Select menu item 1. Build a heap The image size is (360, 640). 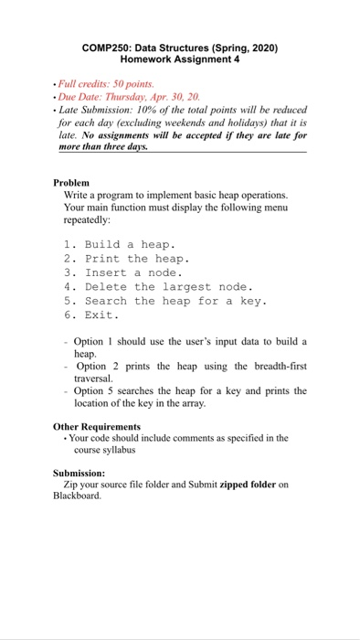point(120,244)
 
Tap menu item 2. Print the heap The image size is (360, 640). point(126,258)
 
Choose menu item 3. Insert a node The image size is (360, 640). point(123,272)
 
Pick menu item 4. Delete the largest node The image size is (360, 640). point(158,286)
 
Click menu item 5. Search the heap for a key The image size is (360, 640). point(164,301)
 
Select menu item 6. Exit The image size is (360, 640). point(92,315)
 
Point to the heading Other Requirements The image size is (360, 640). point(97,426)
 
